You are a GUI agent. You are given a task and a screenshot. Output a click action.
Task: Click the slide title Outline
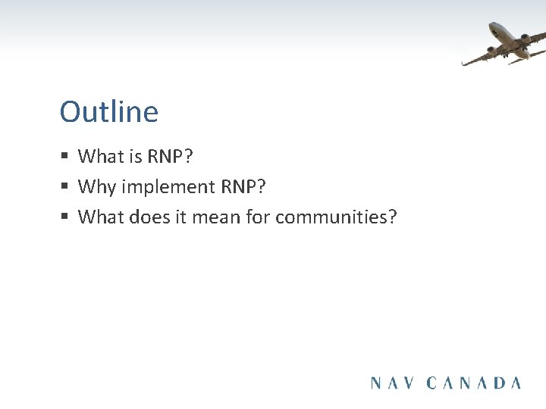109,112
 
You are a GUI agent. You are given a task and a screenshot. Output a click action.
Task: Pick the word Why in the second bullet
94,187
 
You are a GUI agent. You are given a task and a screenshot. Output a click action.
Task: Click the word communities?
336,217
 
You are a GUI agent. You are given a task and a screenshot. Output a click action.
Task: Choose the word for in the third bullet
259,217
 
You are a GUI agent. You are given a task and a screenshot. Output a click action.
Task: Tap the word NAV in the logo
394,382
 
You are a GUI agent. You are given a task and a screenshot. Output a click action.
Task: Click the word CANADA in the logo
474,382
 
